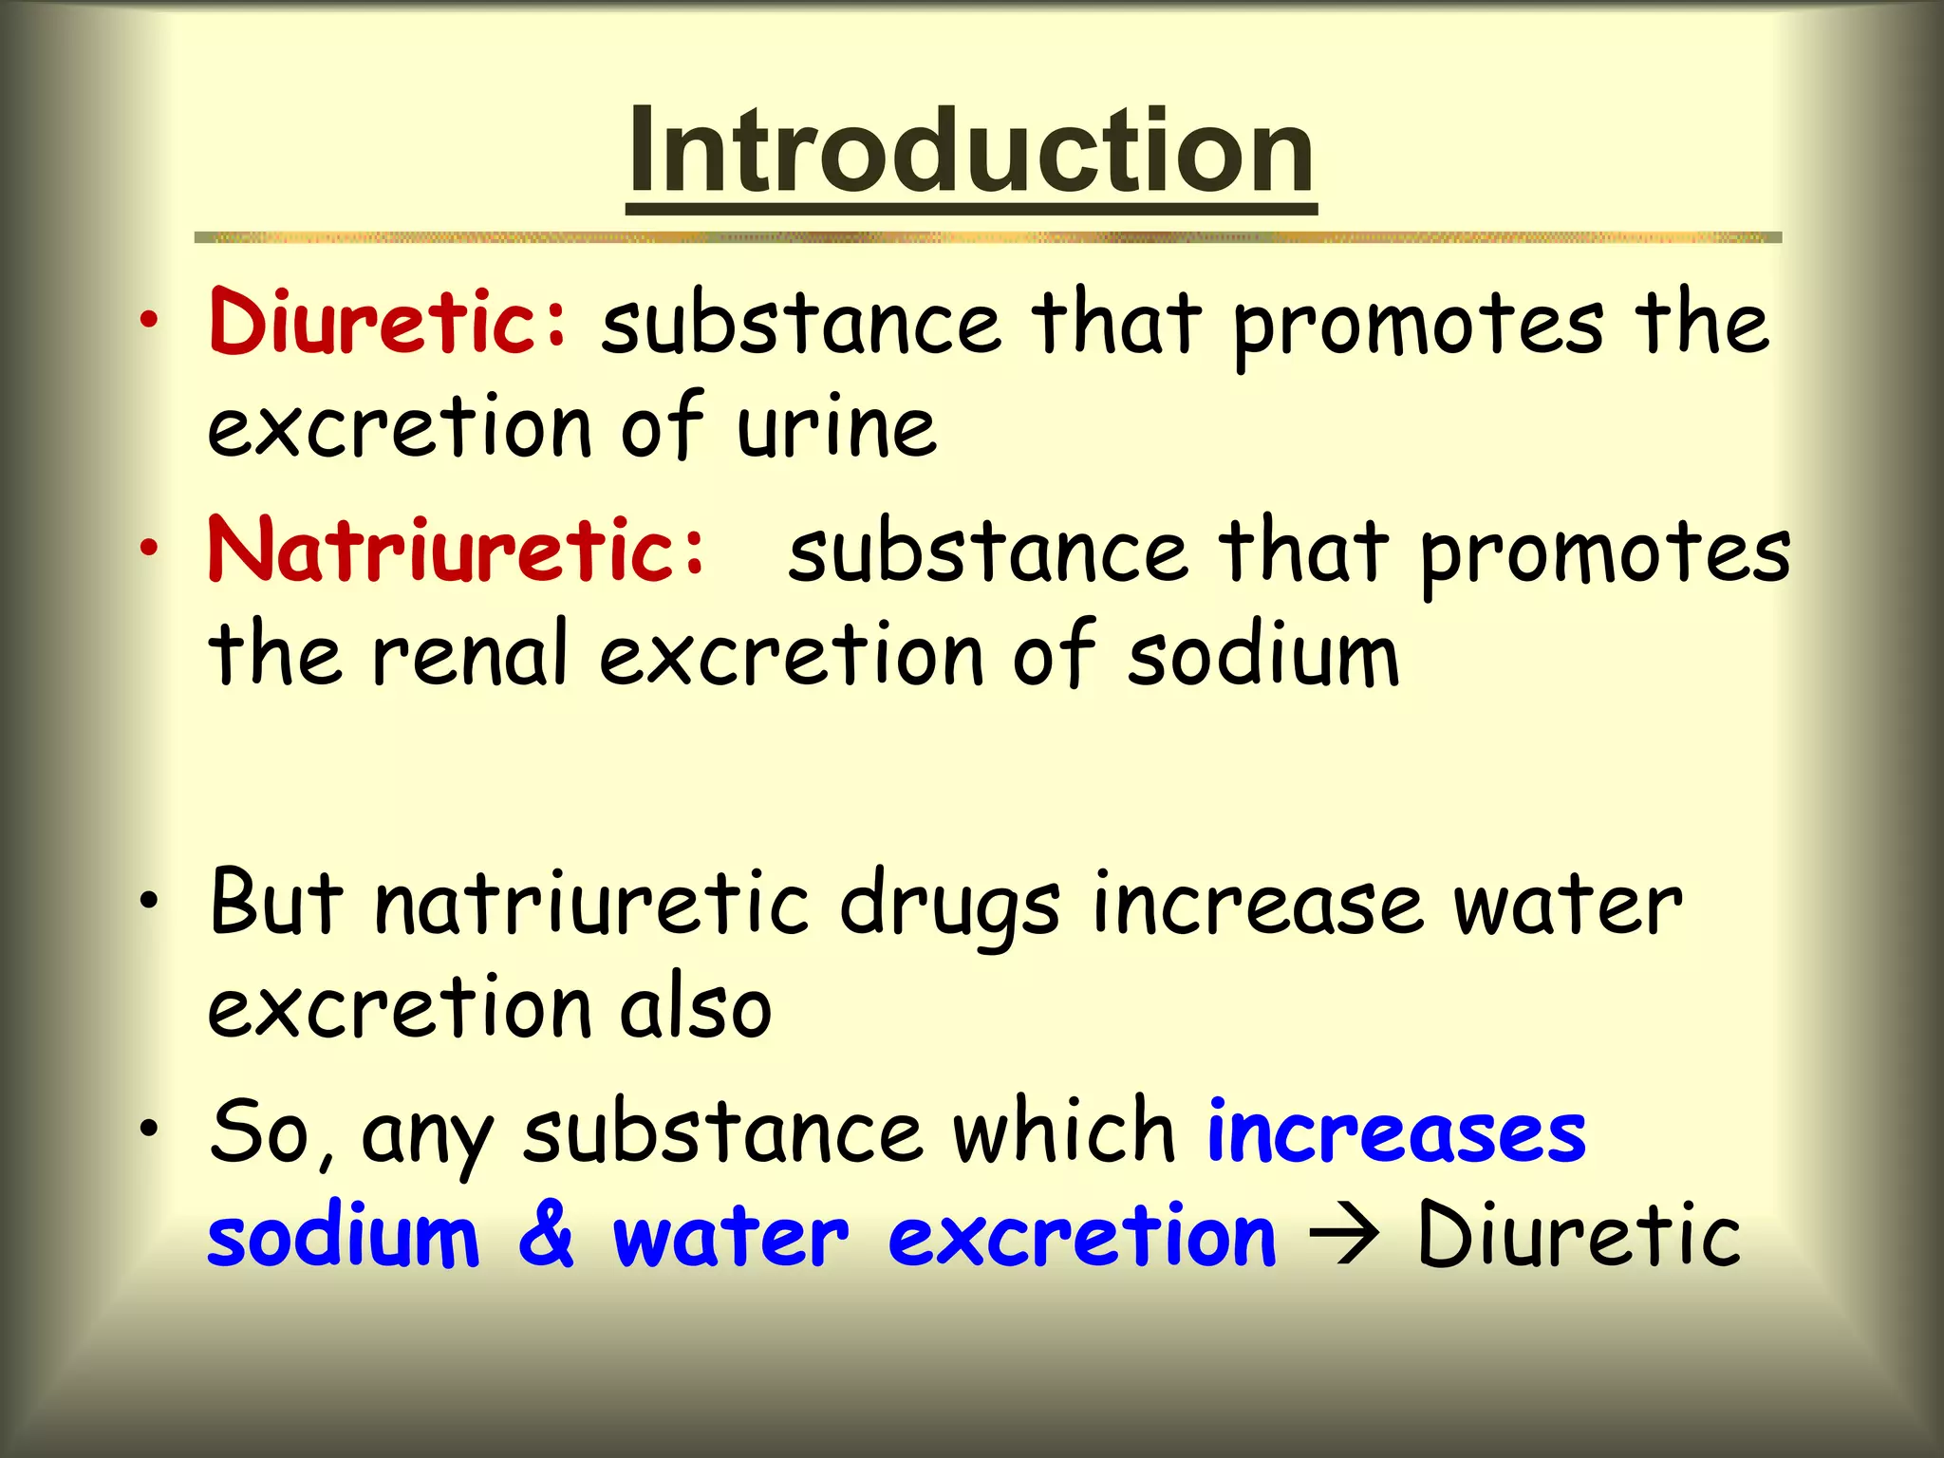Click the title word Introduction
click(x=971, y=152)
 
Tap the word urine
click(x=837, y=427)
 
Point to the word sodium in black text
click(x=1262, y=655)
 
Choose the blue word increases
click(x=1395, y=1132)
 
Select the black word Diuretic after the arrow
click(x=1579, y=1234)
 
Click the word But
click(x=275, y=902)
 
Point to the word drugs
click(x=949, y=907)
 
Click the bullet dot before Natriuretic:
click(x=148, y=548)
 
